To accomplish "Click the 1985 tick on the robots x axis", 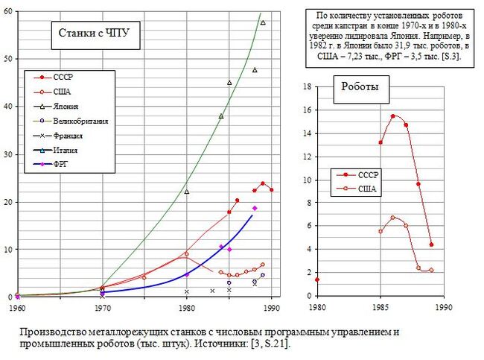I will coord(380,306).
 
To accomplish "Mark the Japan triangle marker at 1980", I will coord(187,192).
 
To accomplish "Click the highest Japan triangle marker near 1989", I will coord(263,22).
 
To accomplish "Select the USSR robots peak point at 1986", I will coord(393,116).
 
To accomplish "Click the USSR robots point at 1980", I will coord(317,280).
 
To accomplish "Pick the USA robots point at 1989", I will coord(431,270).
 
